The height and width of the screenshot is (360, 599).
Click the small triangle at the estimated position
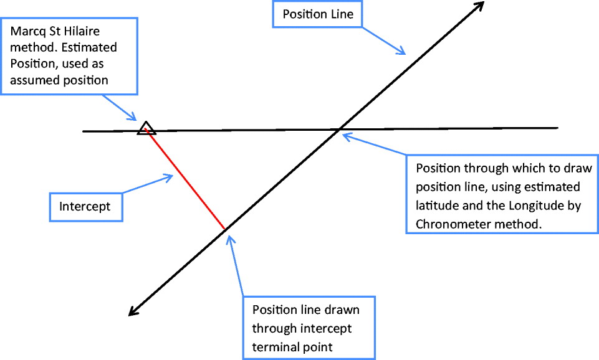tap(146, 128)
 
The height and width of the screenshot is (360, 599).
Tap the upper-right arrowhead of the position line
tap(479, 7)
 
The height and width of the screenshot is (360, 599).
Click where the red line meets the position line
tap(224, 230)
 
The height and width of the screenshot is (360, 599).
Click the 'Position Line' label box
tap(317, 14)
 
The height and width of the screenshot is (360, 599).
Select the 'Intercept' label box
tap(85, 206)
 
